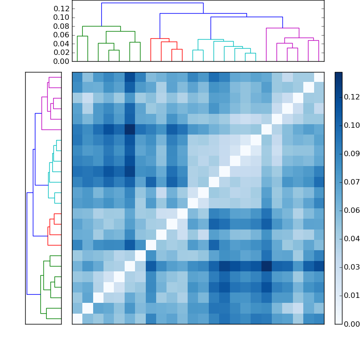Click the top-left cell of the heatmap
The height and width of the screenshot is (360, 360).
point(77,77)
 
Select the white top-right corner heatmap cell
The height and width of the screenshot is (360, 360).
point(319,77)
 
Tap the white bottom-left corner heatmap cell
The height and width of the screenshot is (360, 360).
point(77,319)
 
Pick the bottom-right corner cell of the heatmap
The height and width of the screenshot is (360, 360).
point(319,319)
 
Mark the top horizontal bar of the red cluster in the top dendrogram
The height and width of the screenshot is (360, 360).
point(160,39)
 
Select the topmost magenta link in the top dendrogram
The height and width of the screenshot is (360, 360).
point(283,28)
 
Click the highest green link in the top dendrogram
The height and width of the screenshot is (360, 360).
point(102,26)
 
